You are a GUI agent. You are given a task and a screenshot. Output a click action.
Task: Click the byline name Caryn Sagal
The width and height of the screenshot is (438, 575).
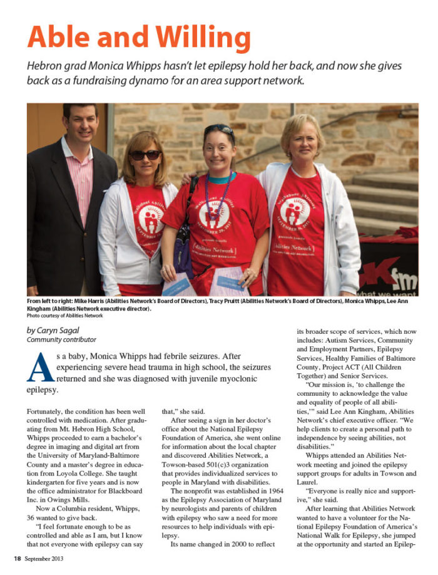pos(58,329)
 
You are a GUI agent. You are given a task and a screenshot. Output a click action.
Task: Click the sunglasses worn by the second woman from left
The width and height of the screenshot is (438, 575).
pos(145,155)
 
